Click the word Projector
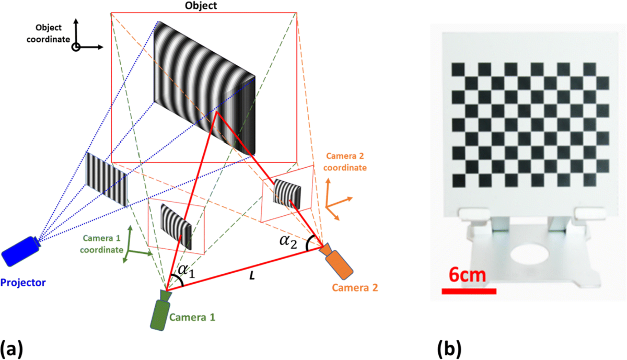[x=23, y=283]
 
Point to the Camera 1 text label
[x=191, y=317]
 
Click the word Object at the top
[x=202, y=6]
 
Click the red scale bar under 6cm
[x=469, y=291]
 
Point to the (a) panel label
[x=11, y=347]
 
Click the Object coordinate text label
[x=51, y=33]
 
